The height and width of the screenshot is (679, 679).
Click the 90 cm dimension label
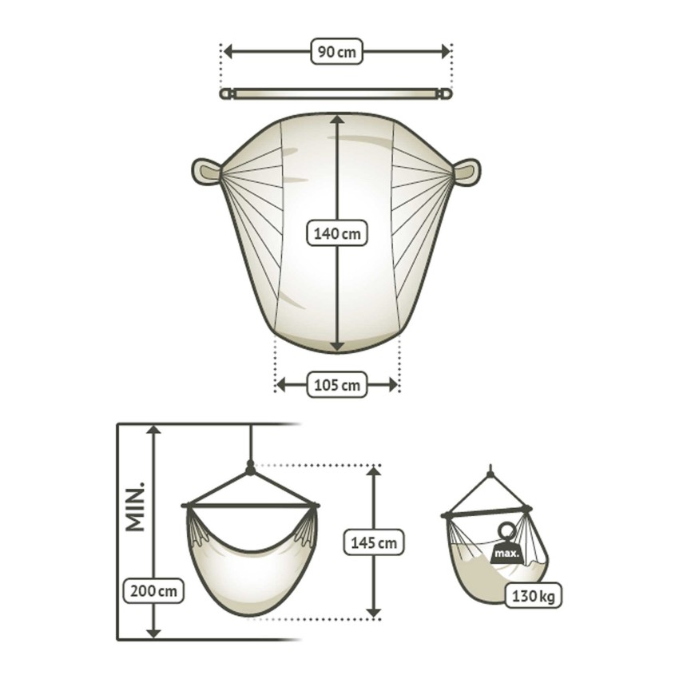(336, 52)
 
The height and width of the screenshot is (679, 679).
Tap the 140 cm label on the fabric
(337, 234)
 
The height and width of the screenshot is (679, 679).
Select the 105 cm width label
(336, 386)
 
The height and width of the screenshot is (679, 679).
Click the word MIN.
(135, 506)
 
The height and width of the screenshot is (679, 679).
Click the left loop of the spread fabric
(204, 170)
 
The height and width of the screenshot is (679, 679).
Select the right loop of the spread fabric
(468, 170)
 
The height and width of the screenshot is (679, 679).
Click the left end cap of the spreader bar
(226, 94)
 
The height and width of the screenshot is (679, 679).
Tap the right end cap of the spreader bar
(446, 94)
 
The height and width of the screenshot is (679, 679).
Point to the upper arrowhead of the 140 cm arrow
(337, 120)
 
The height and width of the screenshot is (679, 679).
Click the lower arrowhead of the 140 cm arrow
(337, 345)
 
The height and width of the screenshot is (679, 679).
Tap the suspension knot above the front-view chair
(251, 469)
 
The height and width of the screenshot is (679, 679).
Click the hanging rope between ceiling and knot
(251, 443)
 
